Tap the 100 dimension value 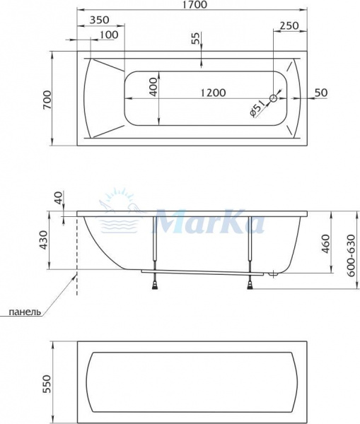pyautogui.click(x=108, y=35)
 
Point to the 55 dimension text pyautogui.click(x=196, y=40)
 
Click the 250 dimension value pyautogui.click(x=289, y=25)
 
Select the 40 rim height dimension pyautogui.click(x=57, y=198)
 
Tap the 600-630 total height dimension pyautogui.click(x=350, y=249)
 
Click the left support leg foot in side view pyautogui.click(x=154, y=285)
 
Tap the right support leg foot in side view pyautogui.click(x=250, y=285)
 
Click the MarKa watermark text pyautogui.click(x=209, y=220)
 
